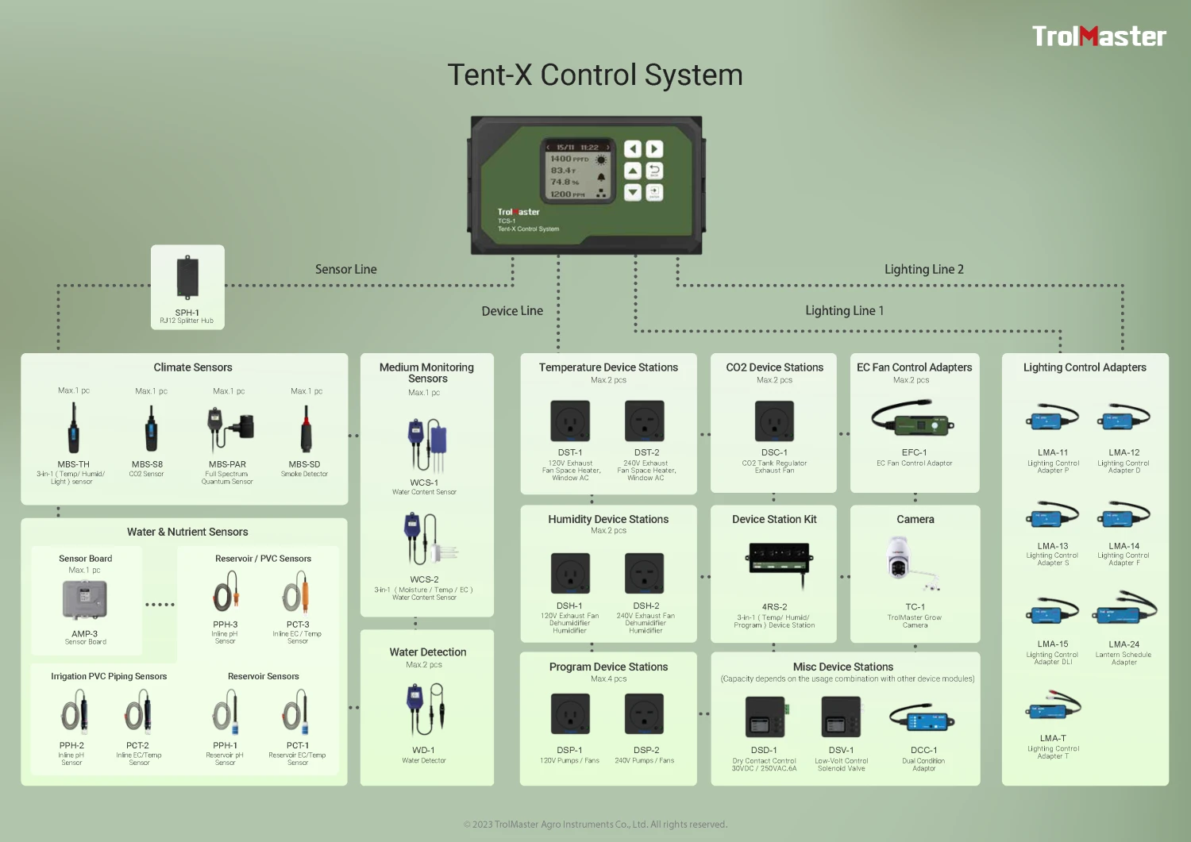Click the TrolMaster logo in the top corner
click(x=1098, y=37)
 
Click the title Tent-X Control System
click(x=595, y=75)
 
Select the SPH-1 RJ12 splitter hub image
click(x=187, y=278)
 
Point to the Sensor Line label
click(x=345, y=270)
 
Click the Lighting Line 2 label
click(x=923, y=270)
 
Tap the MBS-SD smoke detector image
click(x=306, y=429)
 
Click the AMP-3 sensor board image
click(x=85, y=599)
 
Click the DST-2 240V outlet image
click(x=645, y=421)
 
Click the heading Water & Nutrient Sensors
click(x=187, y=532)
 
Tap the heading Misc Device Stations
click(x=842, y=667)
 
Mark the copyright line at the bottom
click(x=595, y=825)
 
